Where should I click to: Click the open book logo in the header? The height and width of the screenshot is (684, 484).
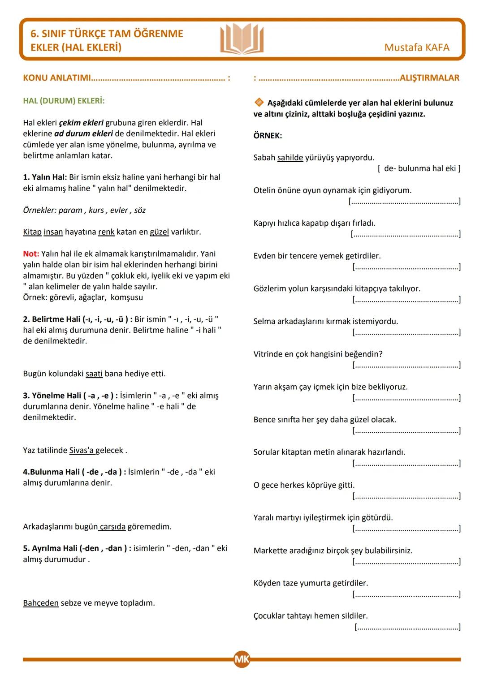coord(242,39)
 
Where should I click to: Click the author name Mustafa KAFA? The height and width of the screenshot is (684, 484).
coord(416,47)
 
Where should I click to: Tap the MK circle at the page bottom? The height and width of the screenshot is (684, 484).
coord(242,659)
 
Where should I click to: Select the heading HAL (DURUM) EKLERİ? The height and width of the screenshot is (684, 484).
coord(64,101)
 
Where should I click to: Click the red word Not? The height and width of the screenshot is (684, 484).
coord(31,254)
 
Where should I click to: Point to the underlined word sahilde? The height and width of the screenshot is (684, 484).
coord(290,158)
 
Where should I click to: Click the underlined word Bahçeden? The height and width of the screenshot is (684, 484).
coord(41,603)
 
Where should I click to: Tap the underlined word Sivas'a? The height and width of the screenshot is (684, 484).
coord(81,450)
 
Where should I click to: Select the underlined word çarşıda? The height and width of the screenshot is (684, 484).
coord(112,527)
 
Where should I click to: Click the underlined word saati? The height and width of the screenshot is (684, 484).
coord(94,374)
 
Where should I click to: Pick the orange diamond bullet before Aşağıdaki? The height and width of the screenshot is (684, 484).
coord(259,103)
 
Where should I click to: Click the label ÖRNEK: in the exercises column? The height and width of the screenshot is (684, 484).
coord(268,136)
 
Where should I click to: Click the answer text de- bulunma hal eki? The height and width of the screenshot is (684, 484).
coord(419,168)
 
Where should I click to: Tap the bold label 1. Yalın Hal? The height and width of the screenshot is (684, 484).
coord(45,177)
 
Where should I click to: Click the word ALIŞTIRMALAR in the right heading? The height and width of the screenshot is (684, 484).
coord(429,78)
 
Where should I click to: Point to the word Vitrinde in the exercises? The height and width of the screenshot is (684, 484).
coord(268,354)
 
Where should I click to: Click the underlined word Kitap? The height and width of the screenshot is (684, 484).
coord(32,232)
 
